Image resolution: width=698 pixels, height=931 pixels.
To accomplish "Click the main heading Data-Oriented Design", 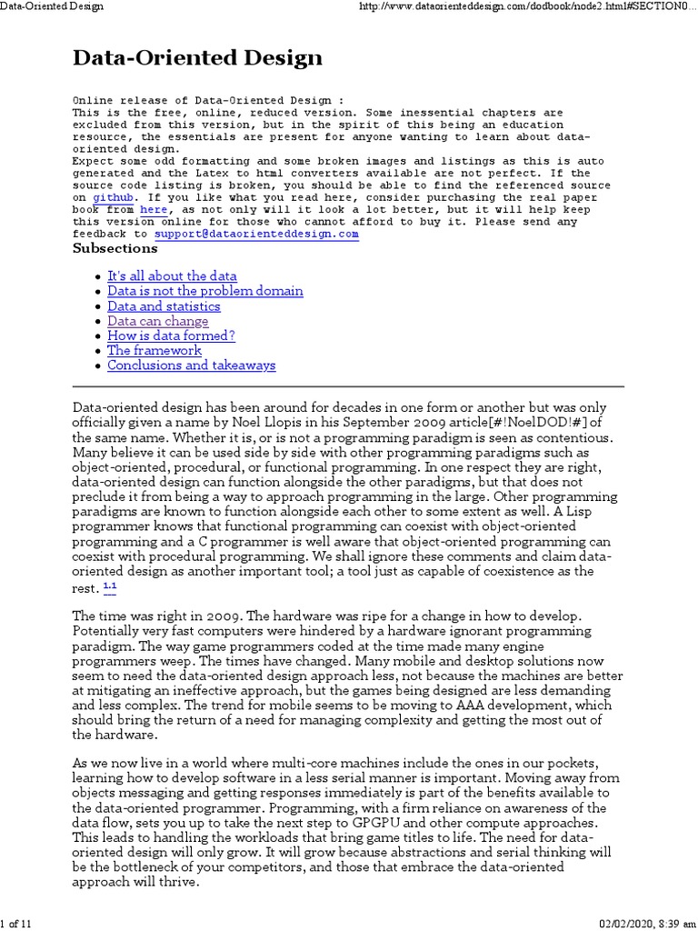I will coord(197,59).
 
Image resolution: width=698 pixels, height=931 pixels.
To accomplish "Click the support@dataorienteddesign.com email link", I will coord(256,234).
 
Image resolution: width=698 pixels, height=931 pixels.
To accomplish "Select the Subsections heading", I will coord(115,248).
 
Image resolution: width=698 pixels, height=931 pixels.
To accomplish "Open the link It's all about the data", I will coord(172,275).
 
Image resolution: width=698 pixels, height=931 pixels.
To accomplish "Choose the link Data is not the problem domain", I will coord(204,291).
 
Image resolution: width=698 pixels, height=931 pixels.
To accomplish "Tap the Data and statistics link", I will coord(164,306).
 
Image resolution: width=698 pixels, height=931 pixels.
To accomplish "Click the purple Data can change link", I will coord(157,321).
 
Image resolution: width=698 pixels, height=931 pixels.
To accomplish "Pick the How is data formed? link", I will coord(171,335).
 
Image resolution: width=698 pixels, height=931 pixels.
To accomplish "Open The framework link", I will coord(154,350).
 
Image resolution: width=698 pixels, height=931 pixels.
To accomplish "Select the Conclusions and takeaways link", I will coord(191,365).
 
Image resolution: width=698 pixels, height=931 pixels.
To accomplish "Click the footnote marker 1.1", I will coord(109,586).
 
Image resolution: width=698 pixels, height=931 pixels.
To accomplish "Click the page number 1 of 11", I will coord(16,924).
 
